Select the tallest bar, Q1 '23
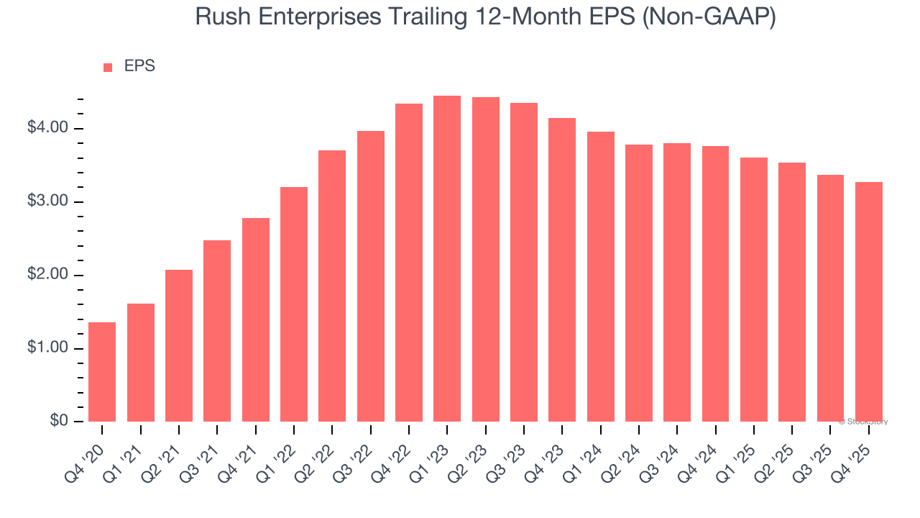[447, 259]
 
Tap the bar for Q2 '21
[179, 345]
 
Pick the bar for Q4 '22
[409, 263]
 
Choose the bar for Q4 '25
[868, 302]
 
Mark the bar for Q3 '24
[677, 282]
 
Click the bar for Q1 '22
[294, 304]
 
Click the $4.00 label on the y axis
[47, 128]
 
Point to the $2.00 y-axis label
[47, 275]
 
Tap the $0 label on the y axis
[58, 421]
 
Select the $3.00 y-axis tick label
[47, 201]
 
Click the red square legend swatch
[108, 68]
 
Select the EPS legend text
[139, 66]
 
